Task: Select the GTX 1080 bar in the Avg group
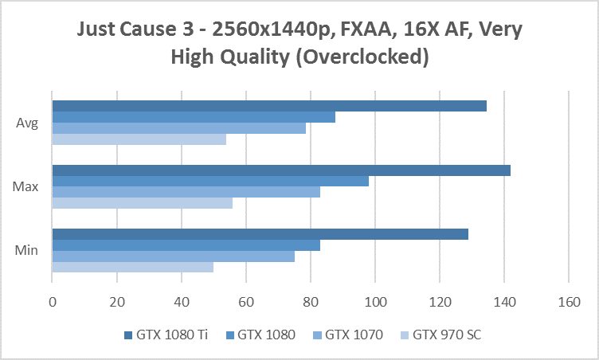(194, 117)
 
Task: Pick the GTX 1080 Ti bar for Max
(281, 170)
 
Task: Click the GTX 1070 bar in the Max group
(186, 192)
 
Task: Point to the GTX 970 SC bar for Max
(142, 203)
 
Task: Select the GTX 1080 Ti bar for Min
(260, 234)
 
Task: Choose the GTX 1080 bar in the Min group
(186, 245)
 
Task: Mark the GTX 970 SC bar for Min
(132, 268)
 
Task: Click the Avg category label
(25, 123)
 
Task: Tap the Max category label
(25, 186)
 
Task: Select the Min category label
(25, 251)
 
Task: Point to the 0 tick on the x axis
(53, 302)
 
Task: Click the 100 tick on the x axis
(374, 302)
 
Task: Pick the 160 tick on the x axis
(568, 302)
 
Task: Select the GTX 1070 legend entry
(354, 335)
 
